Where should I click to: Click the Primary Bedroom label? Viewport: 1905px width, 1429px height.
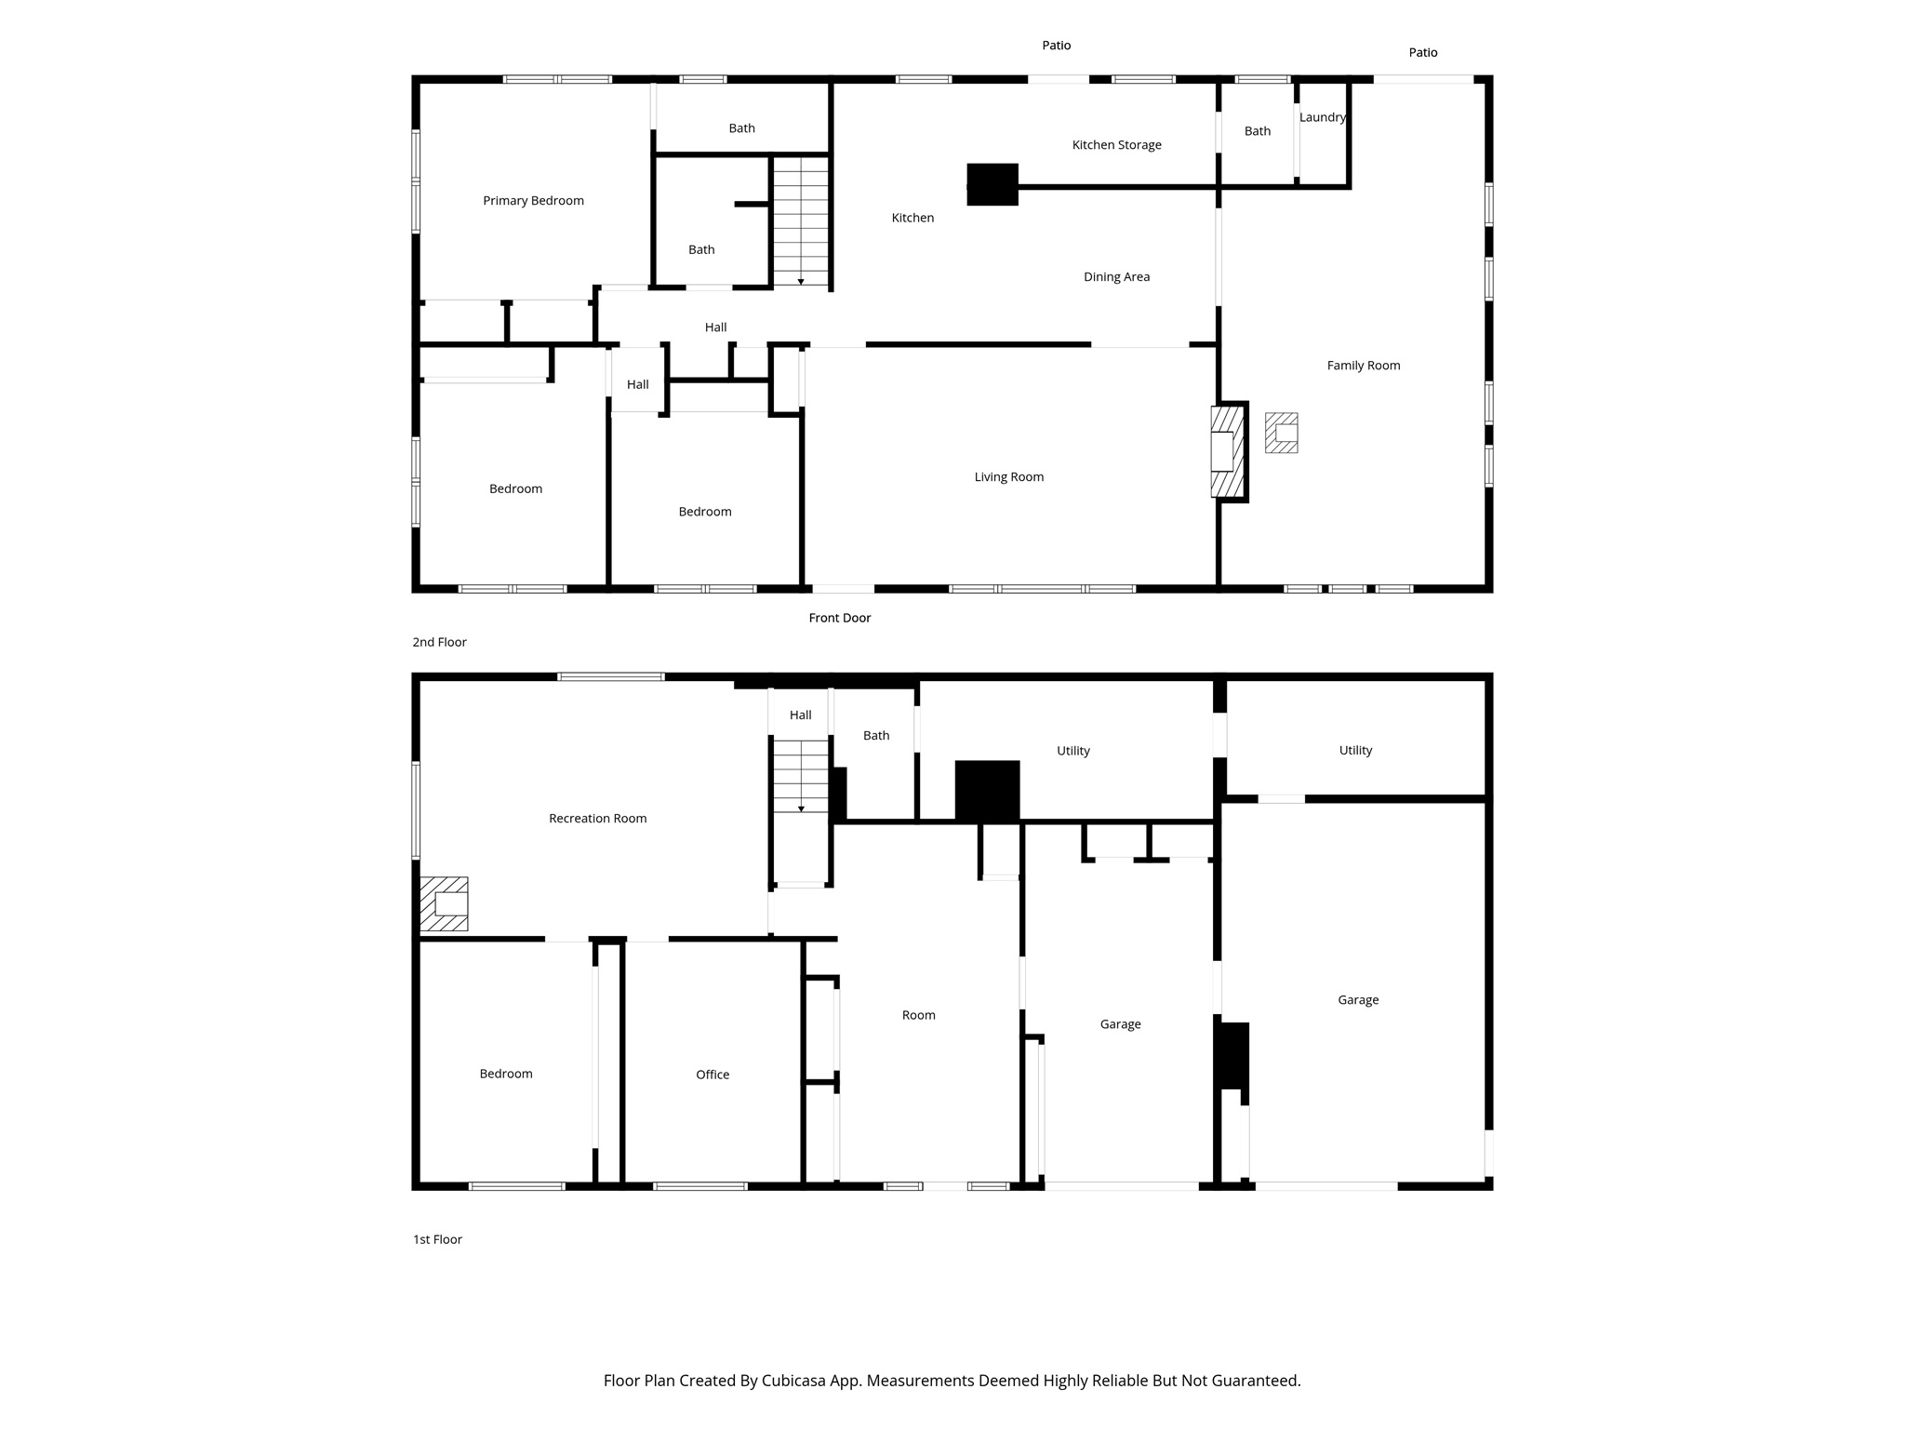[x=533, y=201]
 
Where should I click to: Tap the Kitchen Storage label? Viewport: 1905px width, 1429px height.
[x=1116, y=145]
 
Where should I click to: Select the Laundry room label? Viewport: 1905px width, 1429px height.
[x=1322, y=117]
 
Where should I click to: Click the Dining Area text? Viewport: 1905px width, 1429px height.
[x=1116, y=277]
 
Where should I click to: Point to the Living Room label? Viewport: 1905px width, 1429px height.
[x=1008, y=477]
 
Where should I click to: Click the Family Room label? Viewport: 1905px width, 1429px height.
[x=1363, y=366]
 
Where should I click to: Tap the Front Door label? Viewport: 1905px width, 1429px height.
[x=839, y=618]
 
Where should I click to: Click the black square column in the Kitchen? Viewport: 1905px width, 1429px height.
[x=992, y=184]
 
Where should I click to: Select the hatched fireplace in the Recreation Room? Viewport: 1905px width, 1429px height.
[x=444, y=903]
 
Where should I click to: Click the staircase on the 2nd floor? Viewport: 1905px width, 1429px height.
[x=801, y=221]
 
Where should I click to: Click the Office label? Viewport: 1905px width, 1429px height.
[x=713, y=1075]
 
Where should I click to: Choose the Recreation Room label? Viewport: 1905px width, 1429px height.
[x=597, y=819]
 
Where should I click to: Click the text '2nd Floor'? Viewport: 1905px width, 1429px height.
[x=439, y=642]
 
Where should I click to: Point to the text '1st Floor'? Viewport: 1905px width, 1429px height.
[x=437, y=1239]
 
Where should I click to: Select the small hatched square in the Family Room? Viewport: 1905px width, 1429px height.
[x=1281, y=433]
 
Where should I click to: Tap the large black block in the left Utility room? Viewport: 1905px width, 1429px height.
[x=987, y=791]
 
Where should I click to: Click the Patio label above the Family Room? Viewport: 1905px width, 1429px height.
[x=1422, y=53]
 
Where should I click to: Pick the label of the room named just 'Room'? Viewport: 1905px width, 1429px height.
[x=918, y=1015]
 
